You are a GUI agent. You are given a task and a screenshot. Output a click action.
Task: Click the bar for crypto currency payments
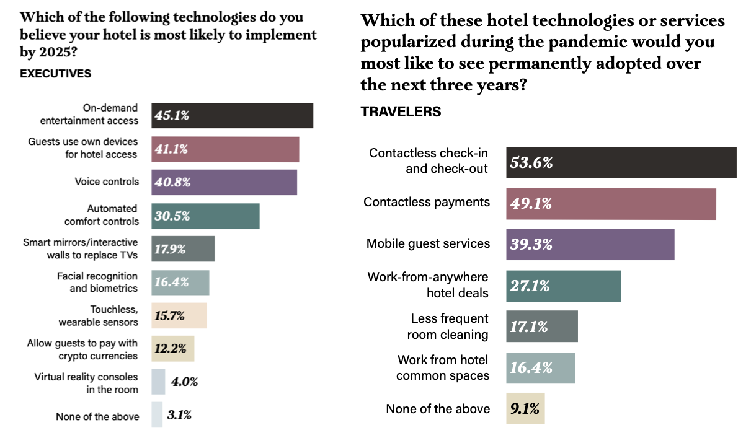(x=172, y=349)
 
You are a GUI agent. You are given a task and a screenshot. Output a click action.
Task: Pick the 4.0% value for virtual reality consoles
(x=184, y=382)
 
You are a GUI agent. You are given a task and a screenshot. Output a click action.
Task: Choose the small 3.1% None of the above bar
(x=156, y=415)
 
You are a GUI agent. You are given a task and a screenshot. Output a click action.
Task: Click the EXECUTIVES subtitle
(x=56, y=74)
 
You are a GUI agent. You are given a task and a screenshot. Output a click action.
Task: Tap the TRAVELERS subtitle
(x=401, y=112)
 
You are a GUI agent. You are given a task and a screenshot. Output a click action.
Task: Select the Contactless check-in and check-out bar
(x=621, y=162)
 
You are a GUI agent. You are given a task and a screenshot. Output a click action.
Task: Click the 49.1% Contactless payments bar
(x=611, y=204)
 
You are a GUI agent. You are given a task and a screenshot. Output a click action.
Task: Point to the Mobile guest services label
(x=428, y=243)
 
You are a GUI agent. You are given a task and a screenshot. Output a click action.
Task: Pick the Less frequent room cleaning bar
(x=541, y=326)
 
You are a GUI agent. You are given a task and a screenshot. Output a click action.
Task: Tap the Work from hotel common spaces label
(x=443, y=367)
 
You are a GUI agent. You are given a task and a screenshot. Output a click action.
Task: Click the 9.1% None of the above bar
(x=525, y=409)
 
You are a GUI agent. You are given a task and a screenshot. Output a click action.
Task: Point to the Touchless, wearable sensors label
(x=98, y=315)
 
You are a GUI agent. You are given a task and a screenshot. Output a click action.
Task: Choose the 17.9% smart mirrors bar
(x=183, y=249)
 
